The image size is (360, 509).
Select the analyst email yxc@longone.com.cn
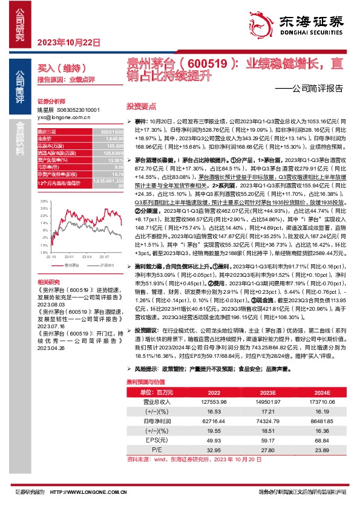[x=62, y=118]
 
